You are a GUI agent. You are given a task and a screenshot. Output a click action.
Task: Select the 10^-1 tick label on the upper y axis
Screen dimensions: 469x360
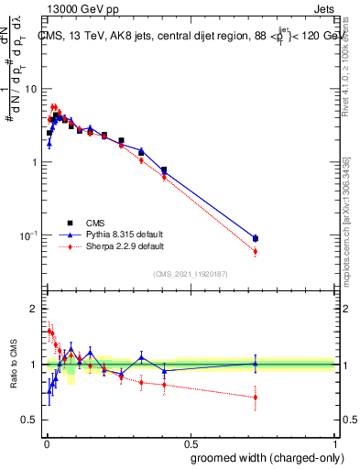27,235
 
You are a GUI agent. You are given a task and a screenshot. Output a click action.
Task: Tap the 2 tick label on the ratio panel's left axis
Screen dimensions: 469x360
34,310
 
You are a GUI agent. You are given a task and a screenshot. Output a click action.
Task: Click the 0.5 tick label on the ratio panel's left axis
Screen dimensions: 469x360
29,420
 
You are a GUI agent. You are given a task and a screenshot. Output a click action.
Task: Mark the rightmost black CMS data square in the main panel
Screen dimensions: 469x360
256,238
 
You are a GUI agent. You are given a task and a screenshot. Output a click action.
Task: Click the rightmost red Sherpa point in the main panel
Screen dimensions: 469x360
256,251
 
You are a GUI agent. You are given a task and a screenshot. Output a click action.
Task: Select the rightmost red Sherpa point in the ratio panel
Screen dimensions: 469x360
256,397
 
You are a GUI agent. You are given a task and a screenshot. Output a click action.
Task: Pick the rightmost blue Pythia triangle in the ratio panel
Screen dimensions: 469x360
256,363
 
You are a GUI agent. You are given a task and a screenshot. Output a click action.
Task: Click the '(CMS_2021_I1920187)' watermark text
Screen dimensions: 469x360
191,273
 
